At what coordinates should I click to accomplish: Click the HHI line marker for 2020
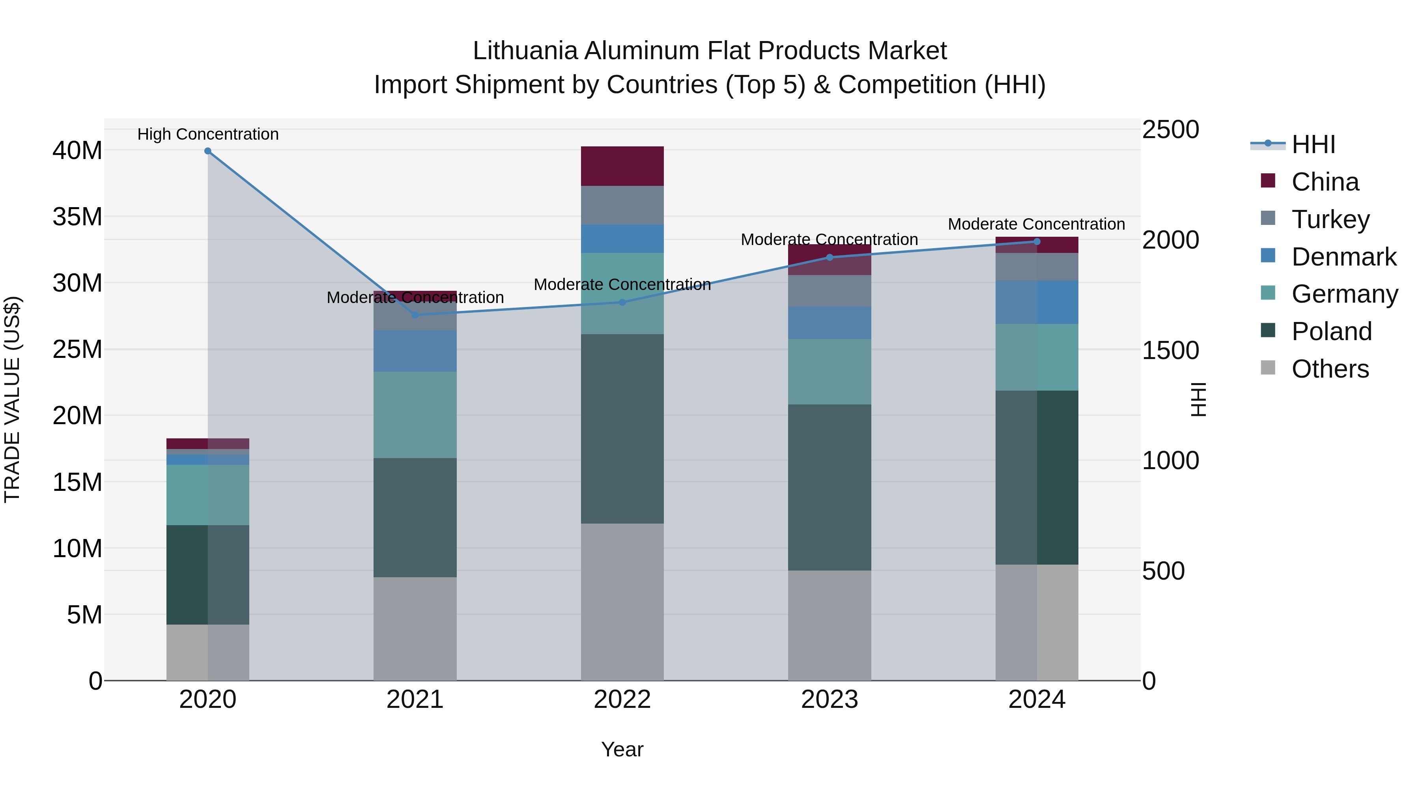tap(208, 151)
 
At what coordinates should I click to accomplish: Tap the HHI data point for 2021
tap(415, 315)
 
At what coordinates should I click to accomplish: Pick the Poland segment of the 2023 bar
tap(829, 487)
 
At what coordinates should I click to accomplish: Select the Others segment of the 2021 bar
tap(415, 628)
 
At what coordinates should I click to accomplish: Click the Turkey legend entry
tap(1330, 219)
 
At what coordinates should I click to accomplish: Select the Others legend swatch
tap(1268, 368)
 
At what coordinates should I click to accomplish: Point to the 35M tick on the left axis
tap(77, 217)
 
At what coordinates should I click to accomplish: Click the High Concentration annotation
tap(208, 134)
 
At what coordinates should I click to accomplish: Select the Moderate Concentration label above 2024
tap(1036, 225)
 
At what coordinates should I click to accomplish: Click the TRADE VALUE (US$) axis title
tap(12, 399)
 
